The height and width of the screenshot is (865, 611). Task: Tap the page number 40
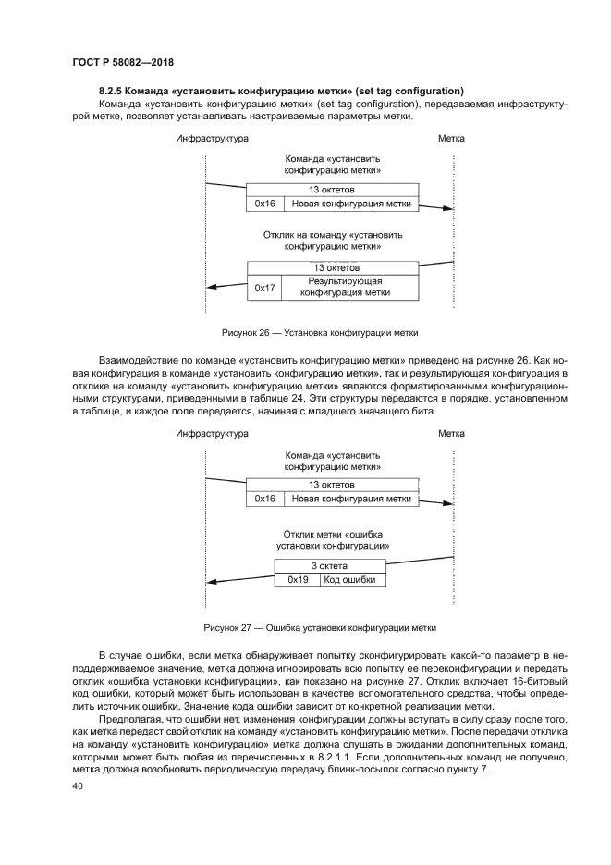(x=78, y=785)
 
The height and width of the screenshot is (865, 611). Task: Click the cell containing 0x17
(x=265, y=287)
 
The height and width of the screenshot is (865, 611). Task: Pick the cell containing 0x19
(x=297, y=580)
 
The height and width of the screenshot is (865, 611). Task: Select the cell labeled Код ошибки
(x=353, y=580)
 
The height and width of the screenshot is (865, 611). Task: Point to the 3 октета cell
(x=331, y=565)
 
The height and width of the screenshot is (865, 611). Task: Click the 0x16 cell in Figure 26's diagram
(x=265, y=204)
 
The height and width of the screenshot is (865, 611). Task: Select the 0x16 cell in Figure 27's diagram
(x=265, y=499)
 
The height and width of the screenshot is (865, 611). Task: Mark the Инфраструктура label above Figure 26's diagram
(x=212, y=139)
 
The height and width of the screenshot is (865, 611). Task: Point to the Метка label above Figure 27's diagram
(x=451, y=433)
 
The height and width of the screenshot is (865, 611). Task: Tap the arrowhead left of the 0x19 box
(x=209, y=581)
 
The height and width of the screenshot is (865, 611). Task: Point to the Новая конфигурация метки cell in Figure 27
(x=349, y=499)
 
